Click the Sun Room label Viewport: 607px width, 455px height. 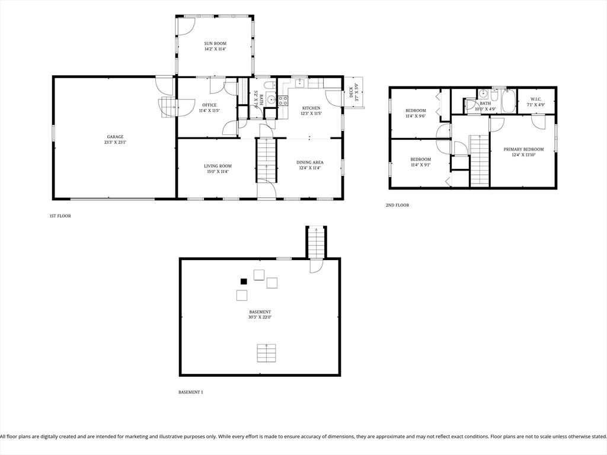point(215,44)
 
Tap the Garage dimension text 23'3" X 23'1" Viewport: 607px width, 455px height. point(116,142)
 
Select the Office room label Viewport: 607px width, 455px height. point(209,105)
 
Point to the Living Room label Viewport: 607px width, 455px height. point(218,166)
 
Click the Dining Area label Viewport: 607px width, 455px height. point(309,162)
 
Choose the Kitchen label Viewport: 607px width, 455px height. point(311,108)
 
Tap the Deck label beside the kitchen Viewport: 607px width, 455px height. point(351,92)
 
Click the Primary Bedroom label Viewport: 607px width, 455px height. point(523,149)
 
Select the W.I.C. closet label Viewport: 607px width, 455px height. point(536,100)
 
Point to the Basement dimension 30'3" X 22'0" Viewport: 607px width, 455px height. point(260,318)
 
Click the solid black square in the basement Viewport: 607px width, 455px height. point(244,281)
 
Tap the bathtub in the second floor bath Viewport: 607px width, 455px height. point(508,101)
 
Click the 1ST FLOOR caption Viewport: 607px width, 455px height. point(60,216)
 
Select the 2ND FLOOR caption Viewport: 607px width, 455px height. point(397,205)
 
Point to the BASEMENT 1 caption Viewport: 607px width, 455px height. point(190,392)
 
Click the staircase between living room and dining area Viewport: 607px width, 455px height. point(266,160)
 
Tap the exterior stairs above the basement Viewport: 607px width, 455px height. point(317,242)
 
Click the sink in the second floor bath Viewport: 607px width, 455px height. point(483,93)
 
